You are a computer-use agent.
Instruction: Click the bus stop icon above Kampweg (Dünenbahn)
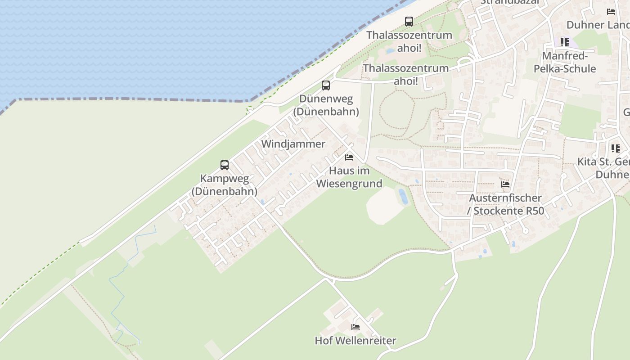[x=225, y=165]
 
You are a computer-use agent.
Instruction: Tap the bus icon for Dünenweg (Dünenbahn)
[x=325, y=85]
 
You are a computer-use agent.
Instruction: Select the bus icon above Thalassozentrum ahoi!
[x=409, y=21]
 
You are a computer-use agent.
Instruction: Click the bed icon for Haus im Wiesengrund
[x=349, y=157]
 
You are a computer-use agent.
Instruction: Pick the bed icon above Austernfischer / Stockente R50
[x=505, y=184]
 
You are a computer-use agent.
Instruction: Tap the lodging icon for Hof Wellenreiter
[x=355, y=327]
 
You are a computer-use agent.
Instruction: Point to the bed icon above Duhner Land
[x=611, y=12]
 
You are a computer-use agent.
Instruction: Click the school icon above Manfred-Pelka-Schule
[x=564, y=42]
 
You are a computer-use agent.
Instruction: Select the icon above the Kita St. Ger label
[x=615, y=148]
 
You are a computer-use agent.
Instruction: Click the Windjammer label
[x=293, y=144]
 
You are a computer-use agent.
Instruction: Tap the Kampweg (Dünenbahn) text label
[x=225, y=185]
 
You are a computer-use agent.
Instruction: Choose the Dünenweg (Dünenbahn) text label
[x=326, y=105]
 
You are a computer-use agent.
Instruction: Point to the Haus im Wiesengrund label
[x=349, y=177]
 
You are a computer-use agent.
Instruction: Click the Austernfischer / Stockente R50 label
[x=506, y=204]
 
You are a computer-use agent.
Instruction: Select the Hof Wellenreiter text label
[x=355, y=341]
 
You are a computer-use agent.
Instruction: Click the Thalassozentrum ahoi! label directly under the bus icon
[x=409, y=41]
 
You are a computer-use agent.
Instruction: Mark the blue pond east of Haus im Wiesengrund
[x=403, y=196]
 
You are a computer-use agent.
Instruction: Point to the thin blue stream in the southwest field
[x=121, y=288]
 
